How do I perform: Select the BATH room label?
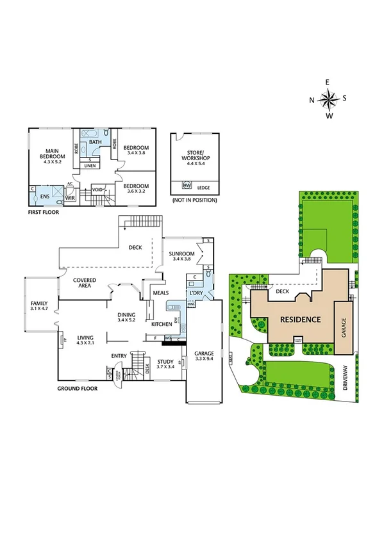point(95,142)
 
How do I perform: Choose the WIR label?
point(71,198)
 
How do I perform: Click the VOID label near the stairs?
point(98,190)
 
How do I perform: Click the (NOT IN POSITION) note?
point(194,200)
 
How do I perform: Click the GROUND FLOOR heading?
point(77,388)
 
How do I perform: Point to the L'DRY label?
point(196,293)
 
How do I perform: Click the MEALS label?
point(160,293)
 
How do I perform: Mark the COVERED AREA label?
point(85,284)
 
